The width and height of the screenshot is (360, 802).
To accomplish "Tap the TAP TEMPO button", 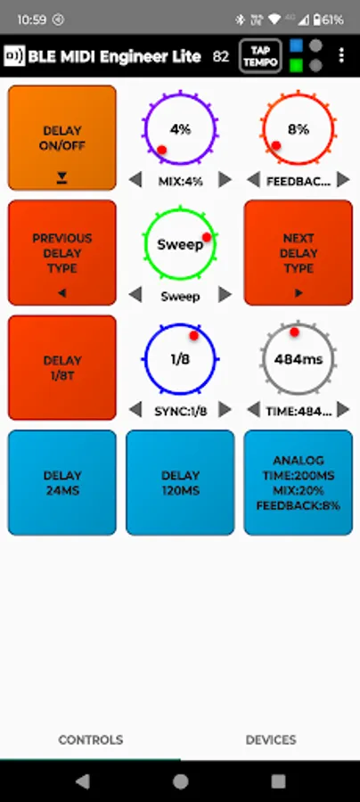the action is coord(260,56).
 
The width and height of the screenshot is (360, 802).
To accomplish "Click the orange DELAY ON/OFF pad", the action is coord(61,137).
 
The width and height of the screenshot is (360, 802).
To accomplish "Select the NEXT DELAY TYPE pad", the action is coord(299,253).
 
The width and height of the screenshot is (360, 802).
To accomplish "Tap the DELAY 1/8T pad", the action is coord(61,368).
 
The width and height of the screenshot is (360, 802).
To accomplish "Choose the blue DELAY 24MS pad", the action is coord(61,483).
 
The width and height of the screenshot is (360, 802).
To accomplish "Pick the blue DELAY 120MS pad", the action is coord(180,483).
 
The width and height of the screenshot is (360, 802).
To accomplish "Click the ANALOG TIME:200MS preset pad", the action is coord(299,483).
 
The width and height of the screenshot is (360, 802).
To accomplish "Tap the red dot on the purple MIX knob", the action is coord(161,150).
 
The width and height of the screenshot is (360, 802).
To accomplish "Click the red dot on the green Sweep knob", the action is coord(207,237).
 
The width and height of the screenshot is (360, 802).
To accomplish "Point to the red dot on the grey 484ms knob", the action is coord(294,332).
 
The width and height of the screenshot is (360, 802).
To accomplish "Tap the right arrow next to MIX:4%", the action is coord(225,179).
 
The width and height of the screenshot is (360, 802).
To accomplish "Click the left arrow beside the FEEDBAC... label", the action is coord(253,179).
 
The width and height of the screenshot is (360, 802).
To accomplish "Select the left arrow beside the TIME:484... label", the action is coord(253,409).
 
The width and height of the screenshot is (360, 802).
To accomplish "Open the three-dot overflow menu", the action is coord(341,55).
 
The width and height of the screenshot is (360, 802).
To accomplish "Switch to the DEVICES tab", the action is coord(271,740).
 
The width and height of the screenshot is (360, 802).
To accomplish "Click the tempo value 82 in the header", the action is coord(221,56).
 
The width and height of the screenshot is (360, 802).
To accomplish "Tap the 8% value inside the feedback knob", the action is coord(299,129).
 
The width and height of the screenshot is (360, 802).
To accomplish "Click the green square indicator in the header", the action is coord(296,65).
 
